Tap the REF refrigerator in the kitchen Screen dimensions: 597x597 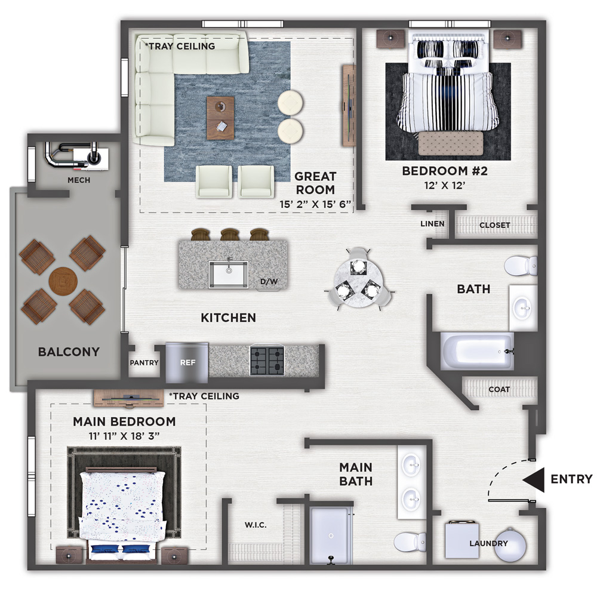coord(187,362)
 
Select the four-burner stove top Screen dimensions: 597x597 coord(267,361)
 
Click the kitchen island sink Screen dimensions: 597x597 coord(229,274)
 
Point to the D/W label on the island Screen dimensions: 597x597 coord(269,282)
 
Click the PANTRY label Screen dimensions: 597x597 coord(144,363)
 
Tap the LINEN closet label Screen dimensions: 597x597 coord(432,224)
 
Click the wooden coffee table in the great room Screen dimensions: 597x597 coord(220,118)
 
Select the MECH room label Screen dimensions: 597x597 coord(79,180)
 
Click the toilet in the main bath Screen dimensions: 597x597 coord(410,542)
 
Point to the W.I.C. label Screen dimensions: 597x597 coord(256,525)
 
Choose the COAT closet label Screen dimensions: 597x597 coord(499,389)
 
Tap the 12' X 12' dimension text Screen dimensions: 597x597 coord(445,186)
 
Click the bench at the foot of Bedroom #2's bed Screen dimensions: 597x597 coord(451,143)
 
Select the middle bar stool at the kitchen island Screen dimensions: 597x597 coord(230,234)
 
